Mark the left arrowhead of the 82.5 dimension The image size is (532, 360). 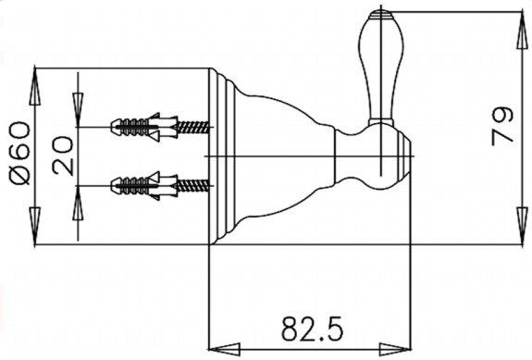click(220, 349)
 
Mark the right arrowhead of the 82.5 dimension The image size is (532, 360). click(402, 349)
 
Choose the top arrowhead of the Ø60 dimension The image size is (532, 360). click(35, 80)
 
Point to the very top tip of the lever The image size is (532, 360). click(377, 12)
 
